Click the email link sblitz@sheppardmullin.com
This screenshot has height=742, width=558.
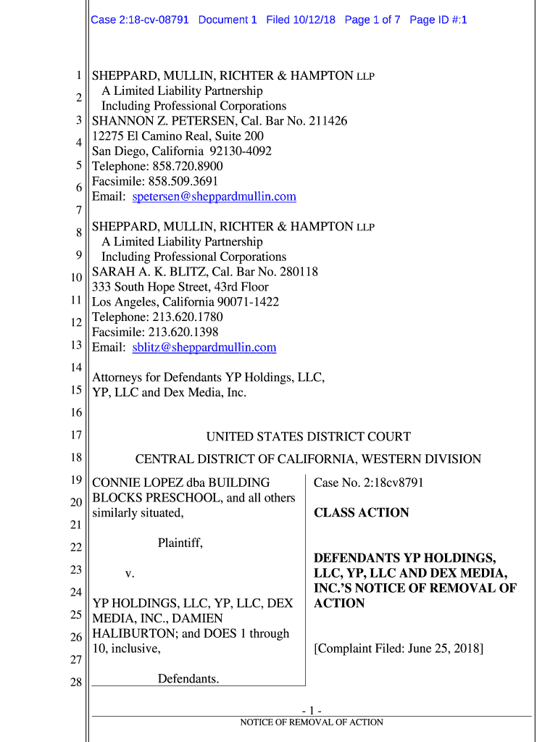pos(204,347)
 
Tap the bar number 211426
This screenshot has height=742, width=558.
pos(323,121)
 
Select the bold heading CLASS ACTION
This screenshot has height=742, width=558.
pos(361,513)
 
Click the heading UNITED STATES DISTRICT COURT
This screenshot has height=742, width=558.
pos(308,437)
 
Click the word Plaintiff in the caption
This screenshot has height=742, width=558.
pos(180,543)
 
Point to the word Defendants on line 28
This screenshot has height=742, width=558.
pos(188,679)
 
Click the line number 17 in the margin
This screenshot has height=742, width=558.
pos(76,435)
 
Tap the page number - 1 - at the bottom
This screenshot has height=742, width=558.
pos(312,710)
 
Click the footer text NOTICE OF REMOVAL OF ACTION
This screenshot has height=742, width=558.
pos(312,722)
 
